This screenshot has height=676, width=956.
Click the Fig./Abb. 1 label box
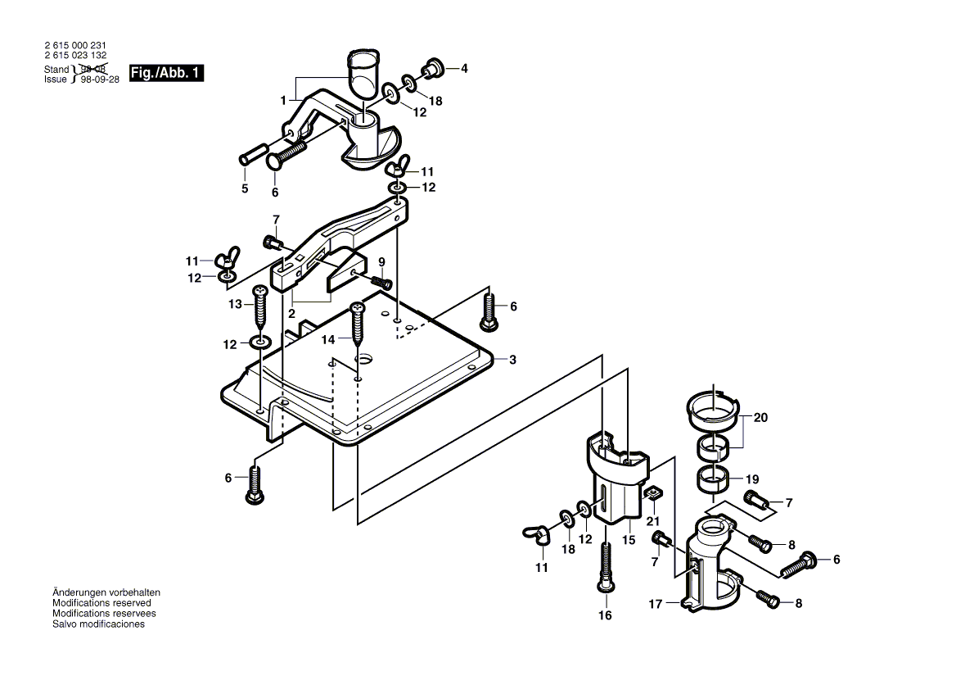[x=166, y=74]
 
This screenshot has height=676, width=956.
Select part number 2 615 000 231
[x=75, y=47]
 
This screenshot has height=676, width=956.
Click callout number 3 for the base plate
[x=512, y=360]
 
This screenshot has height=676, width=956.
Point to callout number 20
[x=760, y=417]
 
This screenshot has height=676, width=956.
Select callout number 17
[x=655, y=605]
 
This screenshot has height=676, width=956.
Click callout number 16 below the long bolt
[x=605, y=615]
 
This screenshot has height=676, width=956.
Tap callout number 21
[x=652, y=521]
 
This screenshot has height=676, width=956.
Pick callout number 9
[x=381, y=262]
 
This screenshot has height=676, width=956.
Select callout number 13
[x=234, y=304]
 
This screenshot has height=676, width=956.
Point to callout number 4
[x=464, y=69]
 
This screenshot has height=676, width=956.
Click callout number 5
[x=244, y=189]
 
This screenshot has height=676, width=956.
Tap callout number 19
[x=752, y=479]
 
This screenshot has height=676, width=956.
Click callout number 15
[x=629, y=540]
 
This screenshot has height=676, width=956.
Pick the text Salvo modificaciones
[x=98, y=624]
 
